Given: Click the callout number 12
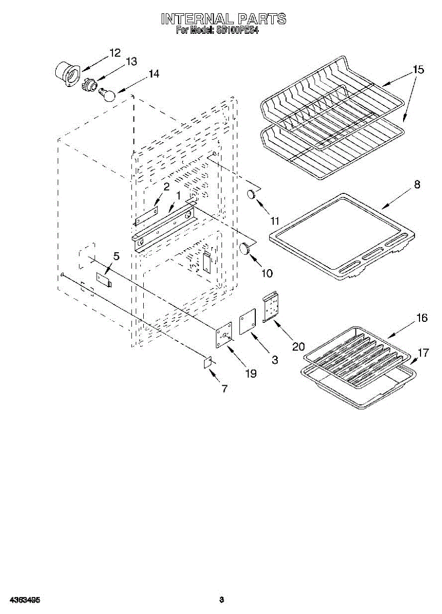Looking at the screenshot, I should click(115, 52).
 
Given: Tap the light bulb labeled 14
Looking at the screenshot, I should click(108, 95).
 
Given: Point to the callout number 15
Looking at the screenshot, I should click(418, 70).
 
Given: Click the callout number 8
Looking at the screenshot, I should click(417, 185).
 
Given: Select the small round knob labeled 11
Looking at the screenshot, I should click(252, 194).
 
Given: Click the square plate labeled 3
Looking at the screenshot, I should click(248, 322).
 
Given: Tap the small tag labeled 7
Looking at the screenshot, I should click(208, 362).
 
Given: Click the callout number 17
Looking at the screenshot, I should click(423, 353).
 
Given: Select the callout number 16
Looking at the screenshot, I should click(422, 318).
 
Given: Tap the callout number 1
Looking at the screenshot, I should click(179, 195).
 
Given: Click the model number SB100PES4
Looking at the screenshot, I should click(238, 30).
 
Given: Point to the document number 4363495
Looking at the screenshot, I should click(24, 599).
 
